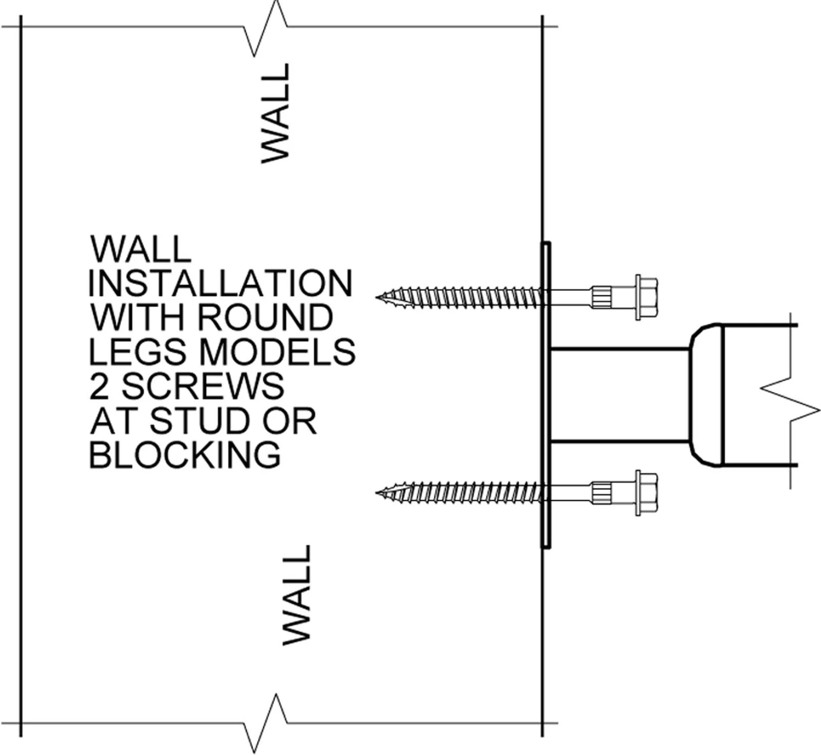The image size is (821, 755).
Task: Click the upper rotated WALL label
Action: (276, 113)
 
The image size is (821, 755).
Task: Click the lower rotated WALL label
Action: (297, 595)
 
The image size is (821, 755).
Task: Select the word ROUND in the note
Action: (265, 317)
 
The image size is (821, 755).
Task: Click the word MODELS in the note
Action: (277, 351)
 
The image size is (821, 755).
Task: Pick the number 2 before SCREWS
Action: (99, 386)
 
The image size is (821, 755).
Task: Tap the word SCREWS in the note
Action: (203, 386)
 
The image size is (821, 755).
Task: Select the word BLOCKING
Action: (185, 454)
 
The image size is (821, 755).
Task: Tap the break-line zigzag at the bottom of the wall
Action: (265, 723)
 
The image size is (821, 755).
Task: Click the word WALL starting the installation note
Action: (141, 249)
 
